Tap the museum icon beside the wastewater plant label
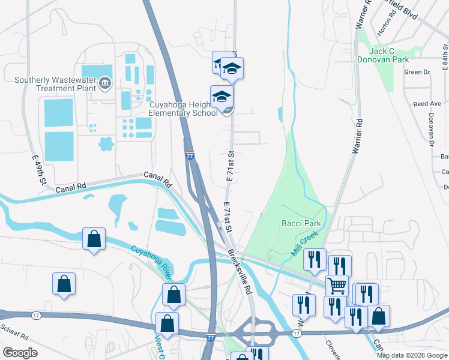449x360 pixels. coord(106,82)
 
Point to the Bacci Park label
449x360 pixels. coord(301,223)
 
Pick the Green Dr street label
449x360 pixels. coord(417,72)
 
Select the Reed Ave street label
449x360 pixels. coord(427,104)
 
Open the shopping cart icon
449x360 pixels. coord(337,286)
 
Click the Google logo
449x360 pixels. coord(20,353)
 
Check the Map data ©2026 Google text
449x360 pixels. coord(412,355)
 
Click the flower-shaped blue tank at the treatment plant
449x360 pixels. coord(106,145)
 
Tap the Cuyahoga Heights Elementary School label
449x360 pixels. coord(183,109)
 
